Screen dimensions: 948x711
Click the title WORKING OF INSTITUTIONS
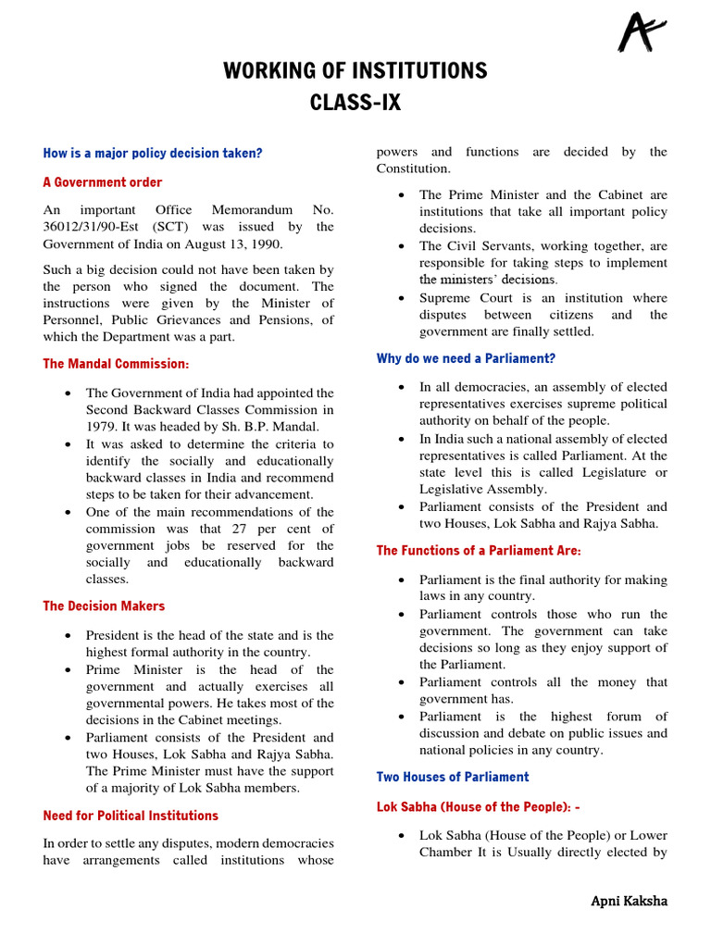355,71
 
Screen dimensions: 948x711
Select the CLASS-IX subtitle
355,103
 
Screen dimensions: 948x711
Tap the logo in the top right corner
642,34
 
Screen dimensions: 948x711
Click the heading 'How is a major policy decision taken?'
153,153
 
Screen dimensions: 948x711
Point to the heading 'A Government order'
103,182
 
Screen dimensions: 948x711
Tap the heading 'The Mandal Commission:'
116,364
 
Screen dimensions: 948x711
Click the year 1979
101,427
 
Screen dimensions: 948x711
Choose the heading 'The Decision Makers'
104,606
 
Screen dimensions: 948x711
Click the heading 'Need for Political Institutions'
131,816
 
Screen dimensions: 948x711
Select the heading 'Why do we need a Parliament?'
466,358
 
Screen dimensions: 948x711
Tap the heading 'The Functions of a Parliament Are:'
479,551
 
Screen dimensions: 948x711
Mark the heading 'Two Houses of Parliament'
453,777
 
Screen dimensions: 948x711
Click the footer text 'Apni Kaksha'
630,901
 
